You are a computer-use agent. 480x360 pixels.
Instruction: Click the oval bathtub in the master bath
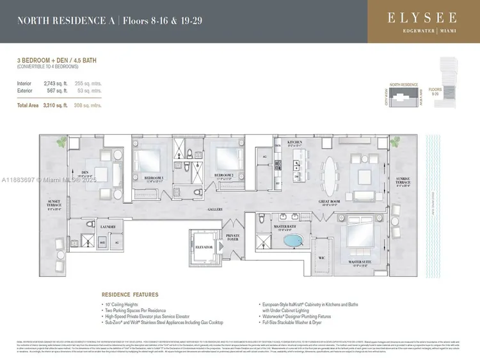(x=294, y=242)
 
